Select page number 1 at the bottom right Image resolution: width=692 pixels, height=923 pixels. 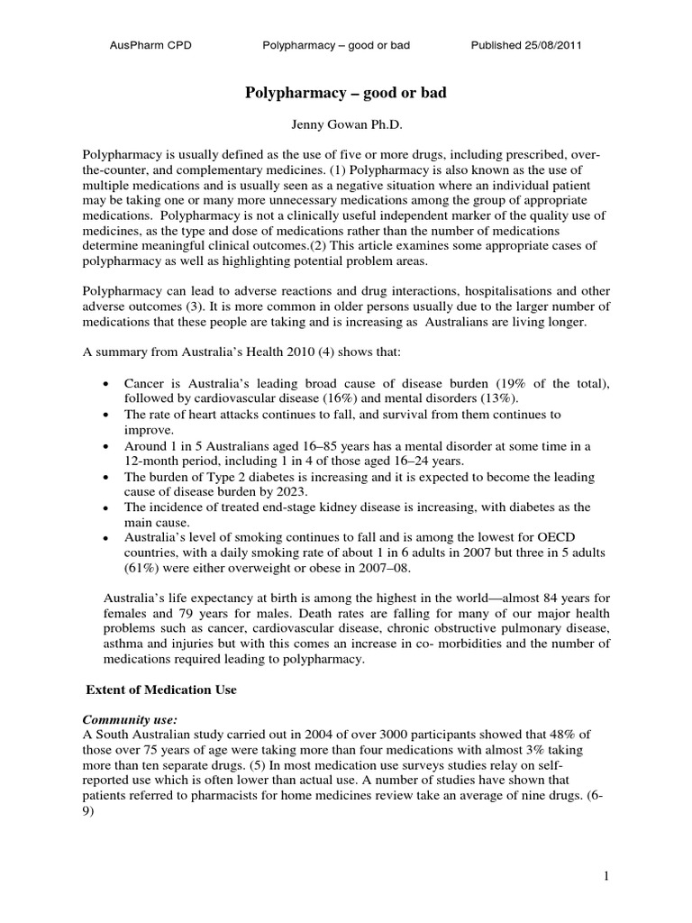pyautogui.click(x=610, y=874)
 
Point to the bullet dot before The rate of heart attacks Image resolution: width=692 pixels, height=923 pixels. pyautogui.click(x=107, y=416)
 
